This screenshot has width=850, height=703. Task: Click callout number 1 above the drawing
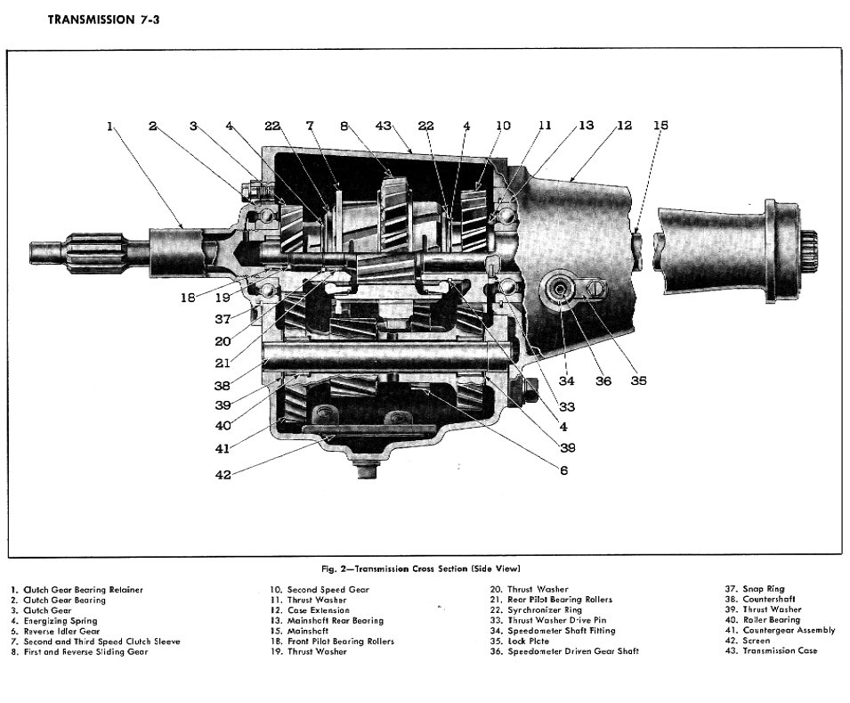[110, 127]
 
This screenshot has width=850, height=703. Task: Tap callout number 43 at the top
[384, 127]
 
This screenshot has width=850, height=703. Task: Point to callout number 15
[660, 126]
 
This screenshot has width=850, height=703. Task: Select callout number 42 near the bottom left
[223, 475]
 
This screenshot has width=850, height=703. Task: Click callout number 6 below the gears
[563, 470]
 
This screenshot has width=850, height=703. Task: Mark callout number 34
[567, 381]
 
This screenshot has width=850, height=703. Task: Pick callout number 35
[637, 381]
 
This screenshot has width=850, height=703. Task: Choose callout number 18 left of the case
[188, 298]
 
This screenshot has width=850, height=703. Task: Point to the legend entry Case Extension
[312, 610]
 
